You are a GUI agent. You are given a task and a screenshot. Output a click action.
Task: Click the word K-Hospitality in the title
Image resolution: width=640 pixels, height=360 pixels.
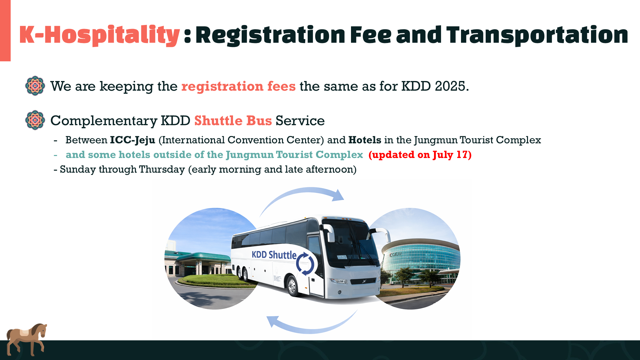[99, 35]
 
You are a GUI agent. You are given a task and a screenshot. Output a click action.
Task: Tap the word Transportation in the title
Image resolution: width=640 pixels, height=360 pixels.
[537, 35]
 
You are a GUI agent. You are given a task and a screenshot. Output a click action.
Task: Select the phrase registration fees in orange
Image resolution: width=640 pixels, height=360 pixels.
[238, 86]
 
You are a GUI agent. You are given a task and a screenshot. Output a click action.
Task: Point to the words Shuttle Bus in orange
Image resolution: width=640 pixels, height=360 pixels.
[233, 120]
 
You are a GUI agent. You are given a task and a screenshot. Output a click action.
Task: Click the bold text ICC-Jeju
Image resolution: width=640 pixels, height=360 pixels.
[133, 140]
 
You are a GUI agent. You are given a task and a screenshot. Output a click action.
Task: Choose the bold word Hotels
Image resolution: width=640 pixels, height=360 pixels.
[365, 140]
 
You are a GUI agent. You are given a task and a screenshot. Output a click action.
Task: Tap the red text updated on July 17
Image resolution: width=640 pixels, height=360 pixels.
[420, 155]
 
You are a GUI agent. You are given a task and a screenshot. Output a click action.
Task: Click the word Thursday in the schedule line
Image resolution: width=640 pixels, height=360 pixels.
[162, 169]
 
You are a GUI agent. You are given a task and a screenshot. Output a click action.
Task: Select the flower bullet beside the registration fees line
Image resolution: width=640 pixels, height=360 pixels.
[35, 86]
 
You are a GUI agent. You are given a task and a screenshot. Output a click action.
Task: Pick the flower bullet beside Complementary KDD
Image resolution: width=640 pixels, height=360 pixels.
[35, 120]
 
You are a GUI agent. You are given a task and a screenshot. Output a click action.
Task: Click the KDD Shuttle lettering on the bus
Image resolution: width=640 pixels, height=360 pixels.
[274, 255]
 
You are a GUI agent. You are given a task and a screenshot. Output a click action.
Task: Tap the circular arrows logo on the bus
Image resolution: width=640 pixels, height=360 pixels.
[305, 264]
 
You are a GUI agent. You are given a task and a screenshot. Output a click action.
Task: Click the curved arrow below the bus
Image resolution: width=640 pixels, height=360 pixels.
[312, 330]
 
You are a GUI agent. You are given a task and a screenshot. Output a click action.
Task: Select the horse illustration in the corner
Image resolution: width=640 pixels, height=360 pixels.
[26, 339]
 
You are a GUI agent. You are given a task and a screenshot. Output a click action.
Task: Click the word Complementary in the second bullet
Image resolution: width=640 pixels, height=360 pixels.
[104, 121]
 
